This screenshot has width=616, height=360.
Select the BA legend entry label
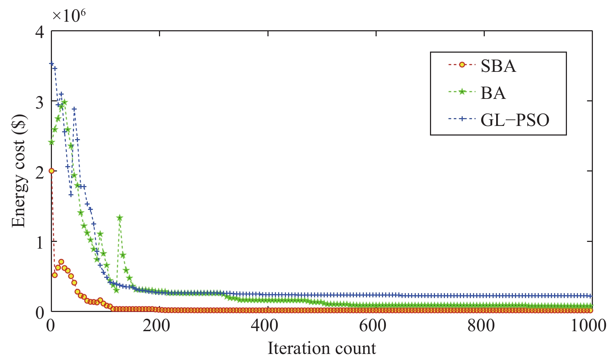pos(493,93)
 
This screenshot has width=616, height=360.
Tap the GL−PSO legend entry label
pos(515,120)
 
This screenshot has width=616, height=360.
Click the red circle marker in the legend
pos(462,65)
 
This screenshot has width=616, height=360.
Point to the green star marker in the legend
pos(462,92)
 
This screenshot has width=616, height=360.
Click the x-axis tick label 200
pos(156,325)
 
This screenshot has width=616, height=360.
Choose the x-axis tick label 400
pos(265,325)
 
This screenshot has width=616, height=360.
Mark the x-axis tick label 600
pos(373,325)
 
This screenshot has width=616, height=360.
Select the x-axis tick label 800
pos(481,325)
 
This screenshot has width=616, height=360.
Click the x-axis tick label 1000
pos(589,325)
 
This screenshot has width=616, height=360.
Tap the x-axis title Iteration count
pos(322,348)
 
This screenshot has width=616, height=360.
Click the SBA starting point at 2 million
pos(52,171)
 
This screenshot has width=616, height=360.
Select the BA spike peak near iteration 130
pos(120,218)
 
